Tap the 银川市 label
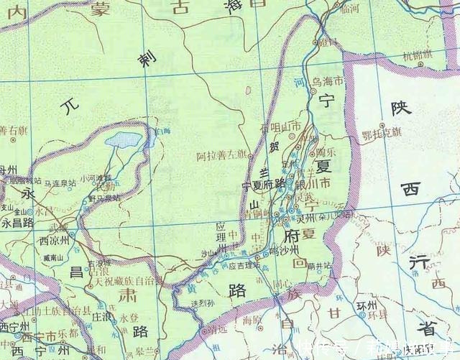click(315, 185)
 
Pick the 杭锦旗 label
click(418, 55)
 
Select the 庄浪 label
click(99, 315)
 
